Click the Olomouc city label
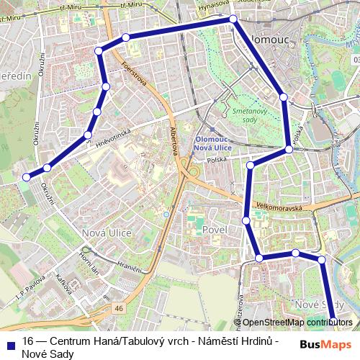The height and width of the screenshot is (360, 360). pyautogui.click(x=267, y=33)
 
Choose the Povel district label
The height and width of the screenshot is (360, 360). pyautogui.click(x=215, y=229)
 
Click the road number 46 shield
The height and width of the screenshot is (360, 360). pyautogui.click(x=119, y=308)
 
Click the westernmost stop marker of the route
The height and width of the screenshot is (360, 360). pyautogui.click(x=26, y=176)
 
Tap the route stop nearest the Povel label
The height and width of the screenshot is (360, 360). pyautogui.click(x=246, y=220)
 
